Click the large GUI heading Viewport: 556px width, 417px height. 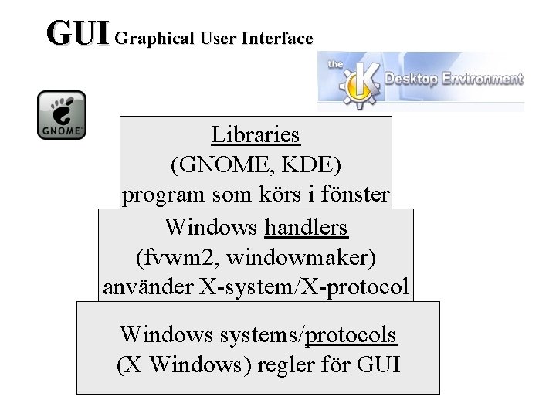point(78,33)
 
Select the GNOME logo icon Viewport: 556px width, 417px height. point(62,115)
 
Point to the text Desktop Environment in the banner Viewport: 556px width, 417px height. point(453,78)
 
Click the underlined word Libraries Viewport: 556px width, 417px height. point(256,134)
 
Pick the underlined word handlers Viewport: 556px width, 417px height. point(307,227)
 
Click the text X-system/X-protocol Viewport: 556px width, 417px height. point(303,287)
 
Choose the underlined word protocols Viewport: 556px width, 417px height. point(351,334)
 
